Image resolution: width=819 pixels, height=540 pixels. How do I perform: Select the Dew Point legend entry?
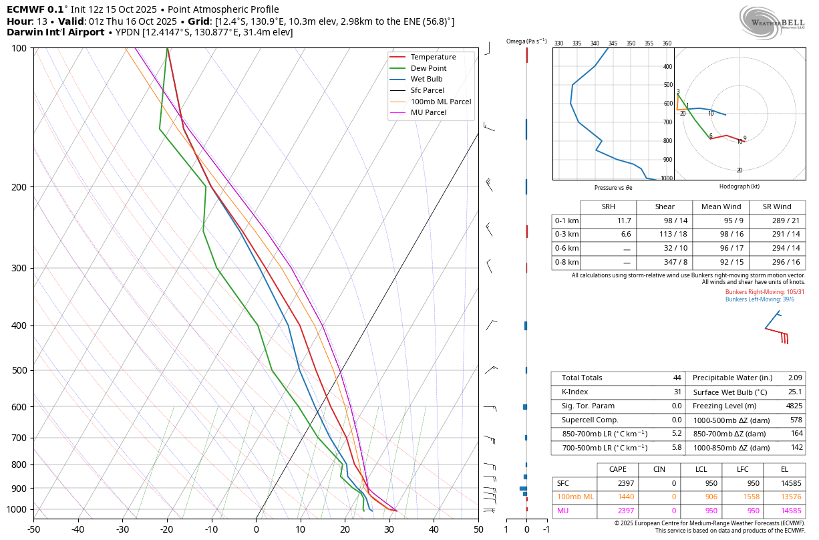(x=428, y=68)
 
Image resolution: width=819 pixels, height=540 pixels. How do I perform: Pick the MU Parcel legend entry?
(x=428, y=112)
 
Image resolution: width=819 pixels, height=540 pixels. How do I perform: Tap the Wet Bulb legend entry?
(x=426, y=79)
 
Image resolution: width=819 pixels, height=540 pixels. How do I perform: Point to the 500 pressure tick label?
(x=19, y=370)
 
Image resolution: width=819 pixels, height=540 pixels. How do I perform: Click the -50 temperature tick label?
(x=33, y=529)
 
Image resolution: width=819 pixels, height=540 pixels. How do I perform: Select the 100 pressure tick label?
(x=19, y=48)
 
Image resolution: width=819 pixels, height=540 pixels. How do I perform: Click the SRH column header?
(x=608, y=207)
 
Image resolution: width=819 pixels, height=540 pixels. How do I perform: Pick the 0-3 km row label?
(x=566, y=235)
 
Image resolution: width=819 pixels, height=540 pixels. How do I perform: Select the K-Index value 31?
(x=677, y=392)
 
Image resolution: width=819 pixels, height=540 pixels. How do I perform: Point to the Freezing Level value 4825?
(x=794, y=406)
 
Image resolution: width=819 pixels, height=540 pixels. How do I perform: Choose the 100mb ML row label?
(x=575, y=497)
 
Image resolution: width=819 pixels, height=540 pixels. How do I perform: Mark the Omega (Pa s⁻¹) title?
(x=526, y=41)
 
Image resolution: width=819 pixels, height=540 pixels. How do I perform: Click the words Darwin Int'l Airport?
(x=59, y=32)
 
